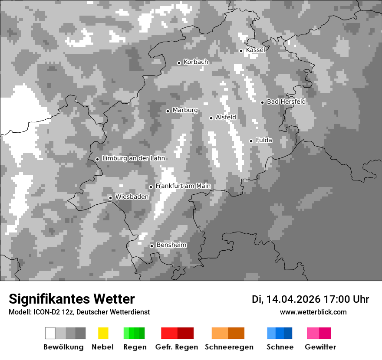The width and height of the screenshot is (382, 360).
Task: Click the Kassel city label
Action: coord(255,50)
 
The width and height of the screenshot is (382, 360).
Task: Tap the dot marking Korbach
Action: coord(179,63)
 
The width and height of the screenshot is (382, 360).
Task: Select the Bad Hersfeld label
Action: coord(286,101)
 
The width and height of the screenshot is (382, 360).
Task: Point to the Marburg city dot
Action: coord(168,111)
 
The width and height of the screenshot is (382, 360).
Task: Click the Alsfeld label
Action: coord(226,117)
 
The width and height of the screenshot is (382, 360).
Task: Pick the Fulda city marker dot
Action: coord(251,141)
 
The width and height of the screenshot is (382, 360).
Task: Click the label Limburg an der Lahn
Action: coord(133,158)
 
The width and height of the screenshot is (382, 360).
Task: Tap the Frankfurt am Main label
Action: coord(183,186)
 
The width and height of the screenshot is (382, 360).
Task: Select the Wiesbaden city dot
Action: coord(110,198)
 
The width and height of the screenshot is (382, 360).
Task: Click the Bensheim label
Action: coord(171,245)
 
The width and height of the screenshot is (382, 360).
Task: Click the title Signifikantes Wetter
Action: coord(72,299)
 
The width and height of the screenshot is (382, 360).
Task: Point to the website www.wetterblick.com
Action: coord(313,312)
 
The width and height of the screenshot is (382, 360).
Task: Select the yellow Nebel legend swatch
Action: coord(103,333)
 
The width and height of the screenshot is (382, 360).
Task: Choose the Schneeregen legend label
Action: coord(229,347)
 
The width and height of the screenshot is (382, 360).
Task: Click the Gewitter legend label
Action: coord(320,347)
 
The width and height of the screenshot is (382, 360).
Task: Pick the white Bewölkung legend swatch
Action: coord(50,333)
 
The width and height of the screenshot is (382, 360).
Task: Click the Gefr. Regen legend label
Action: coord(177,347)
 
